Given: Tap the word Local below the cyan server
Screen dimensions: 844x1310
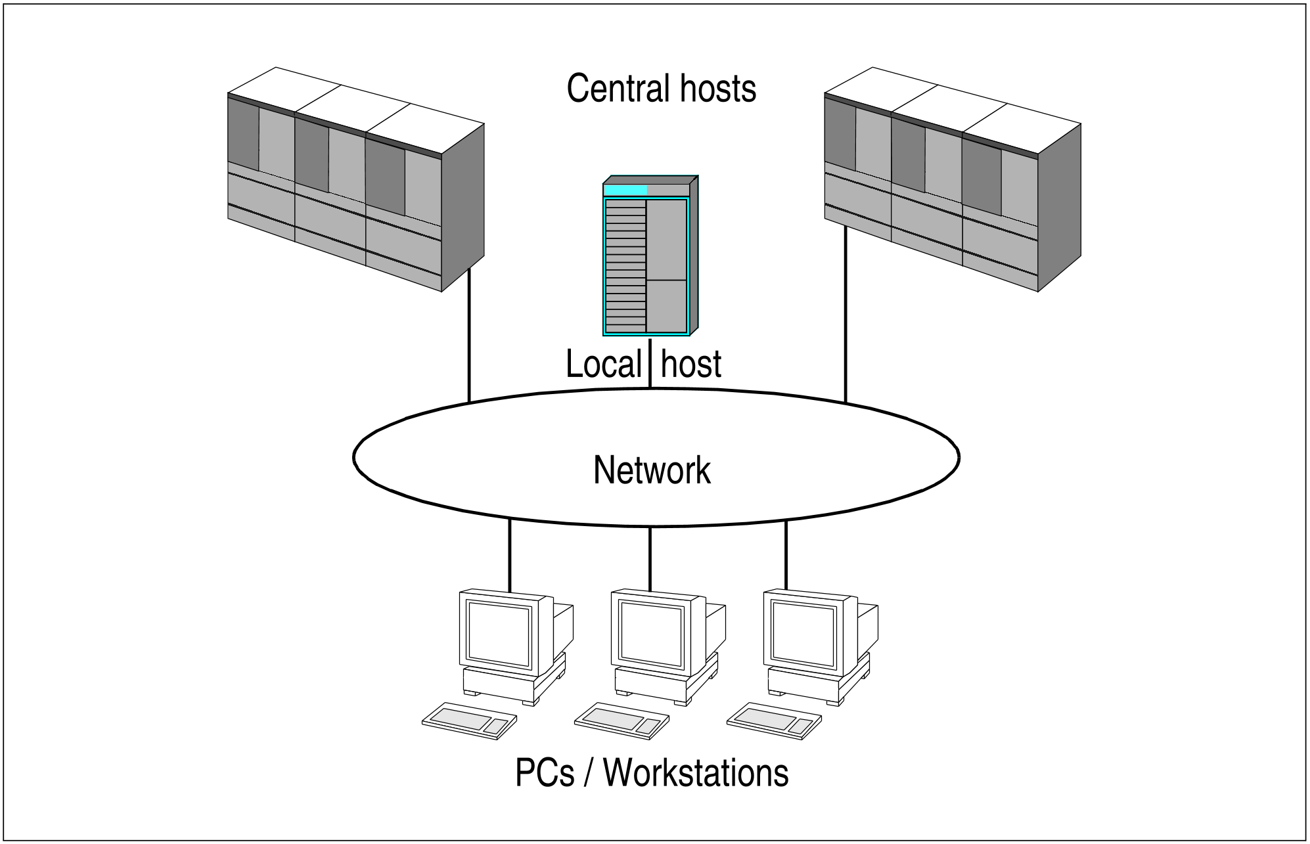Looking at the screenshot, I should coord(603,365).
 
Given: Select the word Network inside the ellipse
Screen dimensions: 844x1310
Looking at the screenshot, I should coord(652,470).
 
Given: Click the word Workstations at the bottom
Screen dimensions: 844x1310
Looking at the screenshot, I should coord(696,773).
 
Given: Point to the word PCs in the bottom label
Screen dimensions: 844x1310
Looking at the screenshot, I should coord(545,773).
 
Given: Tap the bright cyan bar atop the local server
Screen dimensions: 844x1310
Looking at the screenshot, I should coord(625,190).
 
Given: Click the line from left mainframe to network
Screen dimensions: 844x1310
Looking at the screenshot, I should coord(469,335).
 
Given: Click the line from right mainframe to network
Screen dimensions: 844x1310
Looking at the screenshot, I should coord(846,315).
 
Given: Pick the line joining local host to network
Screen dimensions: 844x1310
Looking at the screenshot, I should coord(650,365).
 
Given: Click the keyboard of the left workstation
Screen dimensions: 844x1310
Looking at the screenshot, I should coord(469,721).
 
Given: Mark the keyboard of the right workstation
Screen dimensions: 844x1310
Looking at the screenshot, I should coord(774,721).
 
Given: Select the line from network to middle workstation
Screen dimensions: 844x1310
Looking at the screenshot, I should coord(650,558).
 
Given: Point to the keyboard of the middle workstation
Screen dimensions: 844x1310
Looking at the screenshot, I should coord(621,721).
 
